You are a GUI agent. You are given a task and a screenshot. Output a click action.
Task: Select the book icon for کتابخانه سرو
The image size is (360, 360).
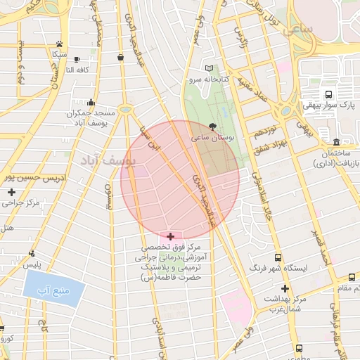click(x=208, y=69)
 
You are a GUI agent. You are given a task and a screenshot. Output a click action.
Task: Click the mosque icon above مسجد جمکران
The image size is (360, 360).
click(x=91, y=103)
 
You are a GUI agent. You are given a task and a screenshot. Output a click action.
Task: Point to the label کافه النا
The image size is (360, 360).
click(x=70, y=70)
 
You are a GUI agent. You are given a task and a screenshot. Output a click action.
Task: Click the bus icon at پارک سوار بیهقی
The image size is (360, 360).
click(x=328, y=94)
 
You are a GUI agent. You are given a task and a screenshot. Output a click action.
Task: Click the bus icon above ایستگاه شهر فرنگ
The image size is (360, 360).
click(x=278, y=258)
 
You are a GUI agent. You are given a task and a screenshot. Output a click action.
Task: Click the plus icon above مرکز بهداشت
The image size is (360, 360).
click(x=285, y=288)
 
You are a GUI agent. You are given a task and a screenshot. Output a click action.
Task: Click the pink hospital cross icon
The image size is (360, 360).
click(x=172, y=236)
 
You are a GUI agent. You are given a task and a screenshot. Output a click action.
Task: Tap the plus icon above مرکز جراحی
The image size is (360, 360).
click(x=11, y=192)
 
